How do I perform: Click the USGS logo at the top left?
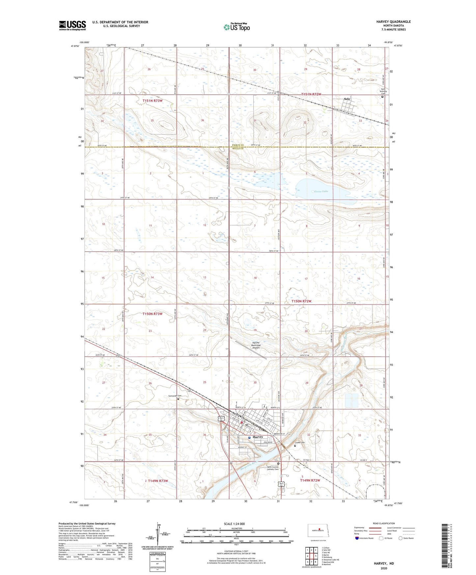click(72, 25)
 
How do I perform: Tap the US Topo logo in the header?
click(237, 27)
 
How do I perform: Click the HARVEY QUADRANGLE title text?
click(393, 22)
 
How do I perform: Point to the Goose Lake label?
click(321, 191)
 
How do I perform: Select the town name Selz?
click(347, 99)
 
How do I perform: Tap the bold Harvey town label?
click(258, 437)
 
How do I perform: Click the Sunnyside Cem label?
click(175, 396)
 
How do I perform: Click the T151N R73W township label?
click(153, 101)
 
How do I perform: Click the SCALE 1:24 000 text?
click(234, 524)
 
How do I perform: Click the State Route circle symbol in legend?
click(401, 538)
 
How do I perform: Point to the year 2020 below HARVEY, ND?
click(383, 568)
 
